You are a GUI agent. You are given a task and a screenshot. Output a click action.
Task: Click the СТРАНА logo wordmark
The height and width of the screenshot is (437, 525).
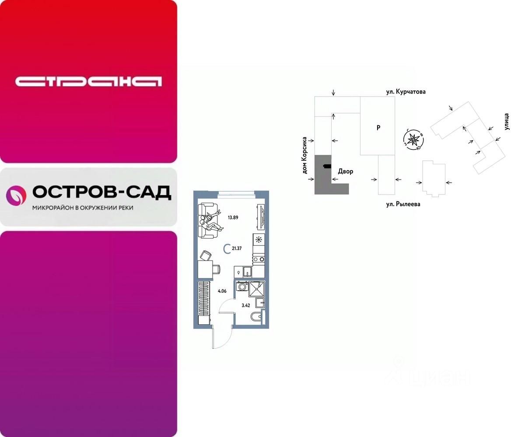pos(88,81)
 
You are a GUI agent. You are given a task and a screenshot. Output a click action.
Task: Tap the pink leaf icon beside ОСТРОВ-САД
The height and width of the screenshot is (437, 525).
pos(16,195)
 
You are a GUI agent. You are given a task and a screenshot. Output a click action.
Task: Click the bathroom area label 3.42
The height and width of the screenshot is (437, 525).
pos(246,305)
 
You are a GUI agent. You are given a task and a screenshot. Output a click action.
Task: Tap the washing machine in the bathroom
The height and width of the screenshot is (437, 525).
pos(241,287)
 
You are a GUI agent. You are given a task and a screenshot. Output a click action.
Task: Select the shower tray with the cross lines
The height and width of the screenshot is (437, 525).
pos(257,289)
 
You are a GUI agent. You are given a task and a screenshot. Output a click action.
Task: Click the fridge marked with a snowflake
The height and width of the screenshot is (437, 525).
pos(259,240)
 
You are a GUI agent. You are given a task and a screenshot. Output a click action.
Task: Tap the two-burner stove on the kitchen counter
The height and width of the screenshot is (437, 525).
pos(259,259)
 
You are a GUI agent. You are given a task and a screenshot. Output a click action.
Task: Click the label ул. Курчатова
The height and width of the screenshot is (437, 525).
pos(406,92)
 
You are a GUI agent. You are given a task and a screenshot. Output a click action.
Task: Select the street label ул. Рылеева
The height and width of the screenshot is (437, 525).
pos(403,204)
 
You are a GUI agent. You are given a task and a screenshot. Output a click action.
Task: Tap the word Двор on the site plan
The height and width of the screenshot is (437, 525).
pos(345,171)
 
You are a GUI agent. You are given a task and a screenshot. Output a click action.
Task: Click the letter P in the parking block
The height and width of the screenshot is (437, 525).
pos(378,128)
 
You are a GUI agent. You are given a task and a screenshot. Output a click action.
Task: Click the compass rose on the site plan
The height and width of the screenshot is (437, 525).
pos(413,140)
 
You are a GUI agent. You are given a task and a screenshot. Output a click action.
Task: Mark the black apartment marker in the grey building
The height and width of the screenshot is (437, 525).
pos(327,166)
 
